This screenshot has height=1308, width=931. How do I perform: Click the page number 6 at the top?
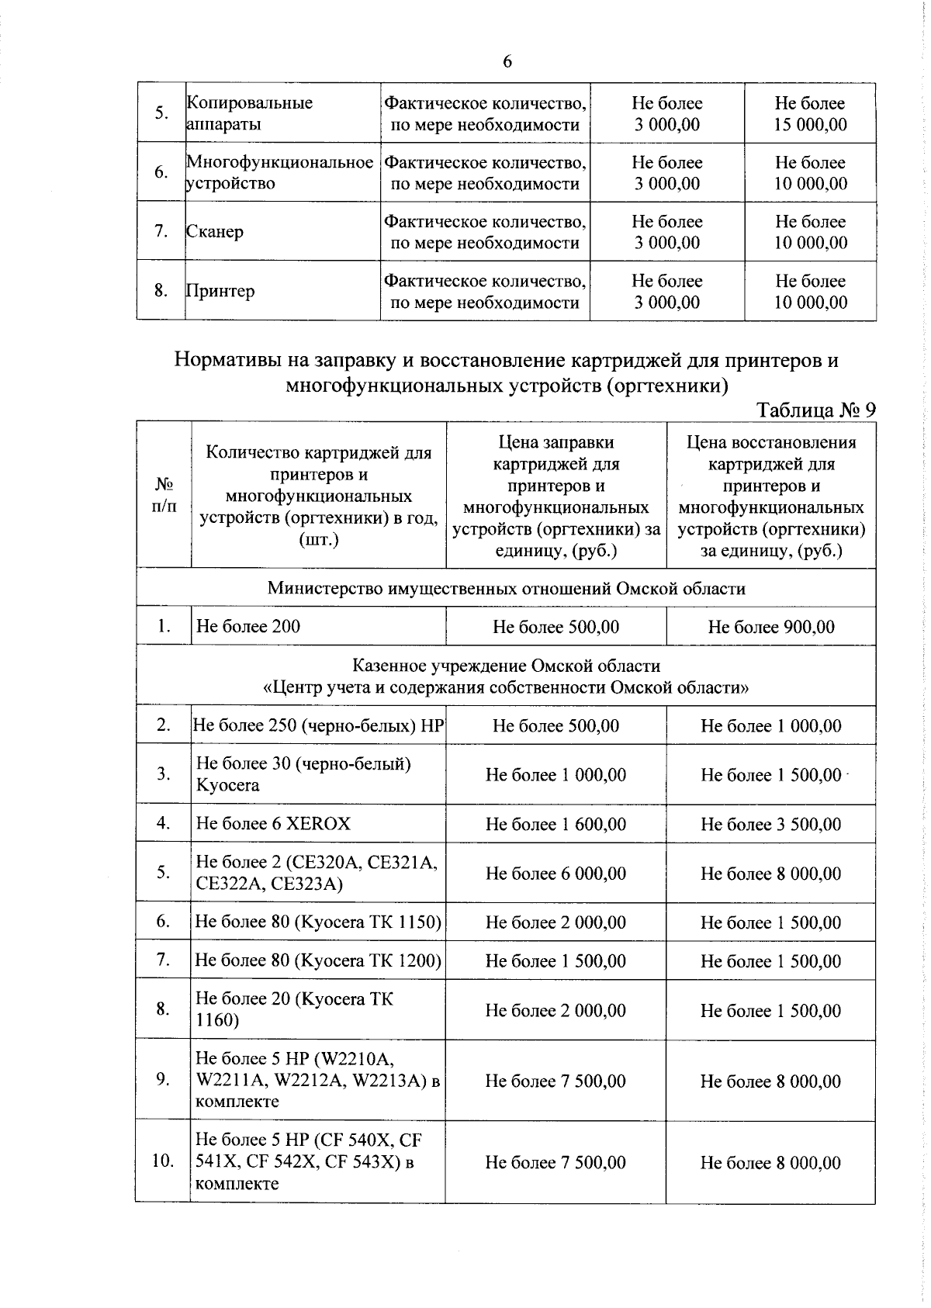point(507,62)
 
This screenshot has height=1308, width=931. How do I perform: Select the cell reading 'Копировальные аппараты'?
point(250,113)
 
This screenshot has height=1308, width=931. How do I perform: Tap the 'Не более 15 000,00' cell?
point(810,113)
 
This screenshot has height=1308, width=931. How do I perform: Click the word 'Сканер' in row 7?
point(215,231)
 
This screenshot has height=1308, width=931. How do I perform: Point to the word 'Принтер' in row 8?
point(220,291)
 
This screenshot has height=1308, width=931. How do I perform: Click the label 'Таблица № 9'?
point(815,410)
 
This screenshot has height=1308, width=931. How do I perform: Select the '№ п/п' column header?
point(164,495)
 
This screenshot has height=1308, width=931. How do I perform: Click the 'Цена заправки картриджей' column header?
point(555,496)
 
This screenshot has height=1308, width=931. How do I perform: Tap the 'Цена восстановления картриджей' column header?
point(770,496)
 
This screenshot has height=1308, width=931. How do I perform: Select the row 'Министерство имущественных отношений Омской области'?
point(506,588)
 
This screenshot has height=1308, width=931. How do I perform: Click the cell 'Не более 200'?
point(248,626)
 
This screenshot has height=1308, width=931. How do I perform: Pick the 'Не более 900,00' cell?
point(770,627)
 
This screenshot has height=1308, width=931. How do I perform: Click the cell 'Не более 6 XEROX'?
point(273,823)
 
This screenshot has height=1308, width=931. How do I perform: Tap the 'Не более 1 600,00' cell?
point(555,824)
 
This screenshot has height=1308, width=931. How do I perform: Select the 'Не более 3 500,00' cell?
point(770,824)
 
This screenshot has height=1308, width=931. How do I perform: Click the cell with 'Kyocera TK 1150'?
point(318,922)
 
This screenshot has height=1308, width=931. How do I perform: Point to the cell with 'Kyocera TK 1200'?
point(318,960)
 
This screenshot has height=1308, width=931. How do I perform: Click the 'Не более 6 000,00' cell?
point(555,874)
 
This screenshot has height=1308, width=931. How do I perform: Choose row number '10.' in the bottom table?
point(162,1161)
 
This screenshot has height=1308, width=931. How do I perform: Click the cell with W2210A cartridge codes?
point(317,1080)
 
